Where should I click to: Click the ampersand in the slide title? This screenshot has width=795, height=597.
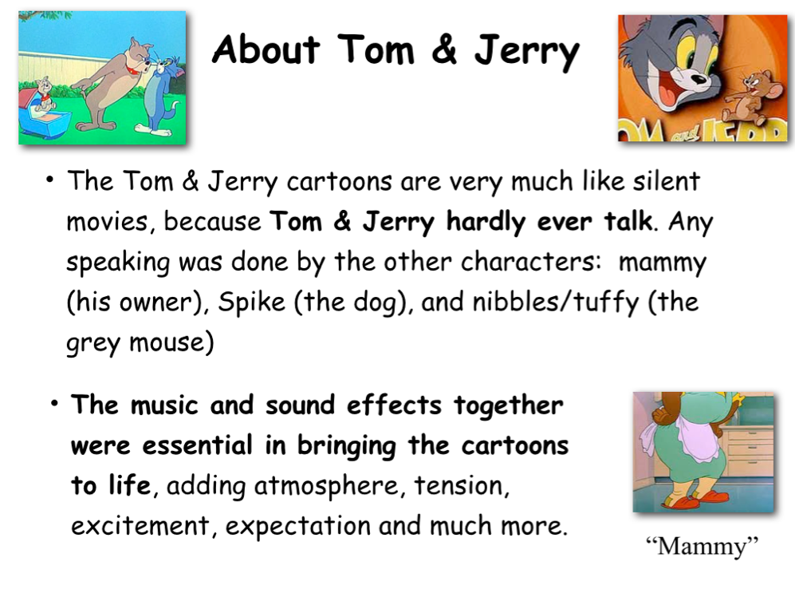point(444,49)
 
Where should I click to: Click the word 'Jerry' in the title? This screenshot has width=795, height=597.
point(527,51)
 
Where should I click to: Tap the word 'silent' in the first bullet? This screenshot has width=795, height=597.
point(666,180)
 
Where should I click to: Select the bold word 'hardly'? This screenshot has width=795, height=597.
point(486,223)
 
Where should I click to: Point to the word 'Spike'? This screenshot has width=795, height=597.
point(251,302)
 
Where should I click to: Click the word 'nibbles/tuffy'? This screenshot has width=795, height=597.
point(556,302)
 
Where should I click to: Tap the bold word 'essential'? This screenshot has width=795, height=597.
point(197,445)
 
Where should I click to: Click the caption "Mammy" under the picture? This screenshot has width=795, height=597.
point(703,546)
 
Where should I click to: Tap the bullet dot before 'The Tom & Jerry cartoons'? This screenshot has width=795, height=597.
point(49,180)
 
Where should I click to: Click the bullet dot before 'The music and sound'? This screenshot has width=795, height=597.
point(55,404)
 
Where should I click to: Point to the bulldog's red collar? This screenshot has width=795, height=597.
point(132,70)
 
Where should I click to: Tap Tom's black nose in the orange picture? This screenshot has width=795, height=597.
point(699,79)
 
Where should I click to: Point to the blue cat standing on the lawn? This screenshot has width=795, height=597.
point(160,96)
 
